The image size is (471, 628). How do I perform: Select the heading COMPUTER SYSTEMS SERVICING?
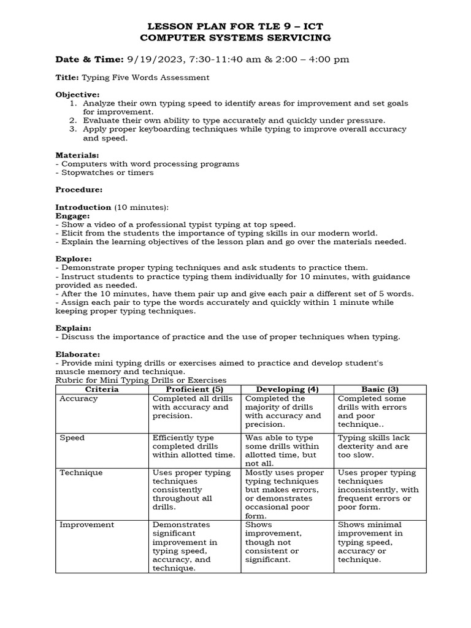(235, 37)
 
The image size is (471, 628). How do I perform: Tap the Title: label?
(67, 77)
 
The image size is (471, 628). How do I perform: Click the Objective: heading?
(77, 94)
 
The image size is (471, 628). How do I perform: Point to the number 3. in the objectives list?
(73, 129)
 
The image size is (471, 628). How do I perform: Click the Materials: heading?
(77, 155)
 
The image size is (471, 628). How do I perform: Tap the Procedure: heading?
(79, 190)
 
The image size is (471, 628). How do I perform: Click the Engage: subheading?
(73, 216)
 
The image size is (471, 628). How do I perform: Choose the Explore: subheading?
(74, 259)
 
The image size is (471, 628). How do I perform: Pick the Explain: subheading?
(74, 328)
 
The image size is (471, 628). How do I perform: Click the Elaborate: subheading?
(78, 354)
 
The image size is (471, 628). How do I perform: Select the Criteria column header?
(102, 389)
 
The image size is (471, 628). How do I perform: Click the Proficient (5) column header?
(194, 389)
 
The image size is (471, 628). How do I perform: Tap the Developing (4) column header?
(287, 389)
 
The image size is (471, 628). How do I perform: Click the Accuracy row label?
(78, 399)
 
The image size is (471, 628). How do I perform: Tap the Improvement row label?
(86, 525)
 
